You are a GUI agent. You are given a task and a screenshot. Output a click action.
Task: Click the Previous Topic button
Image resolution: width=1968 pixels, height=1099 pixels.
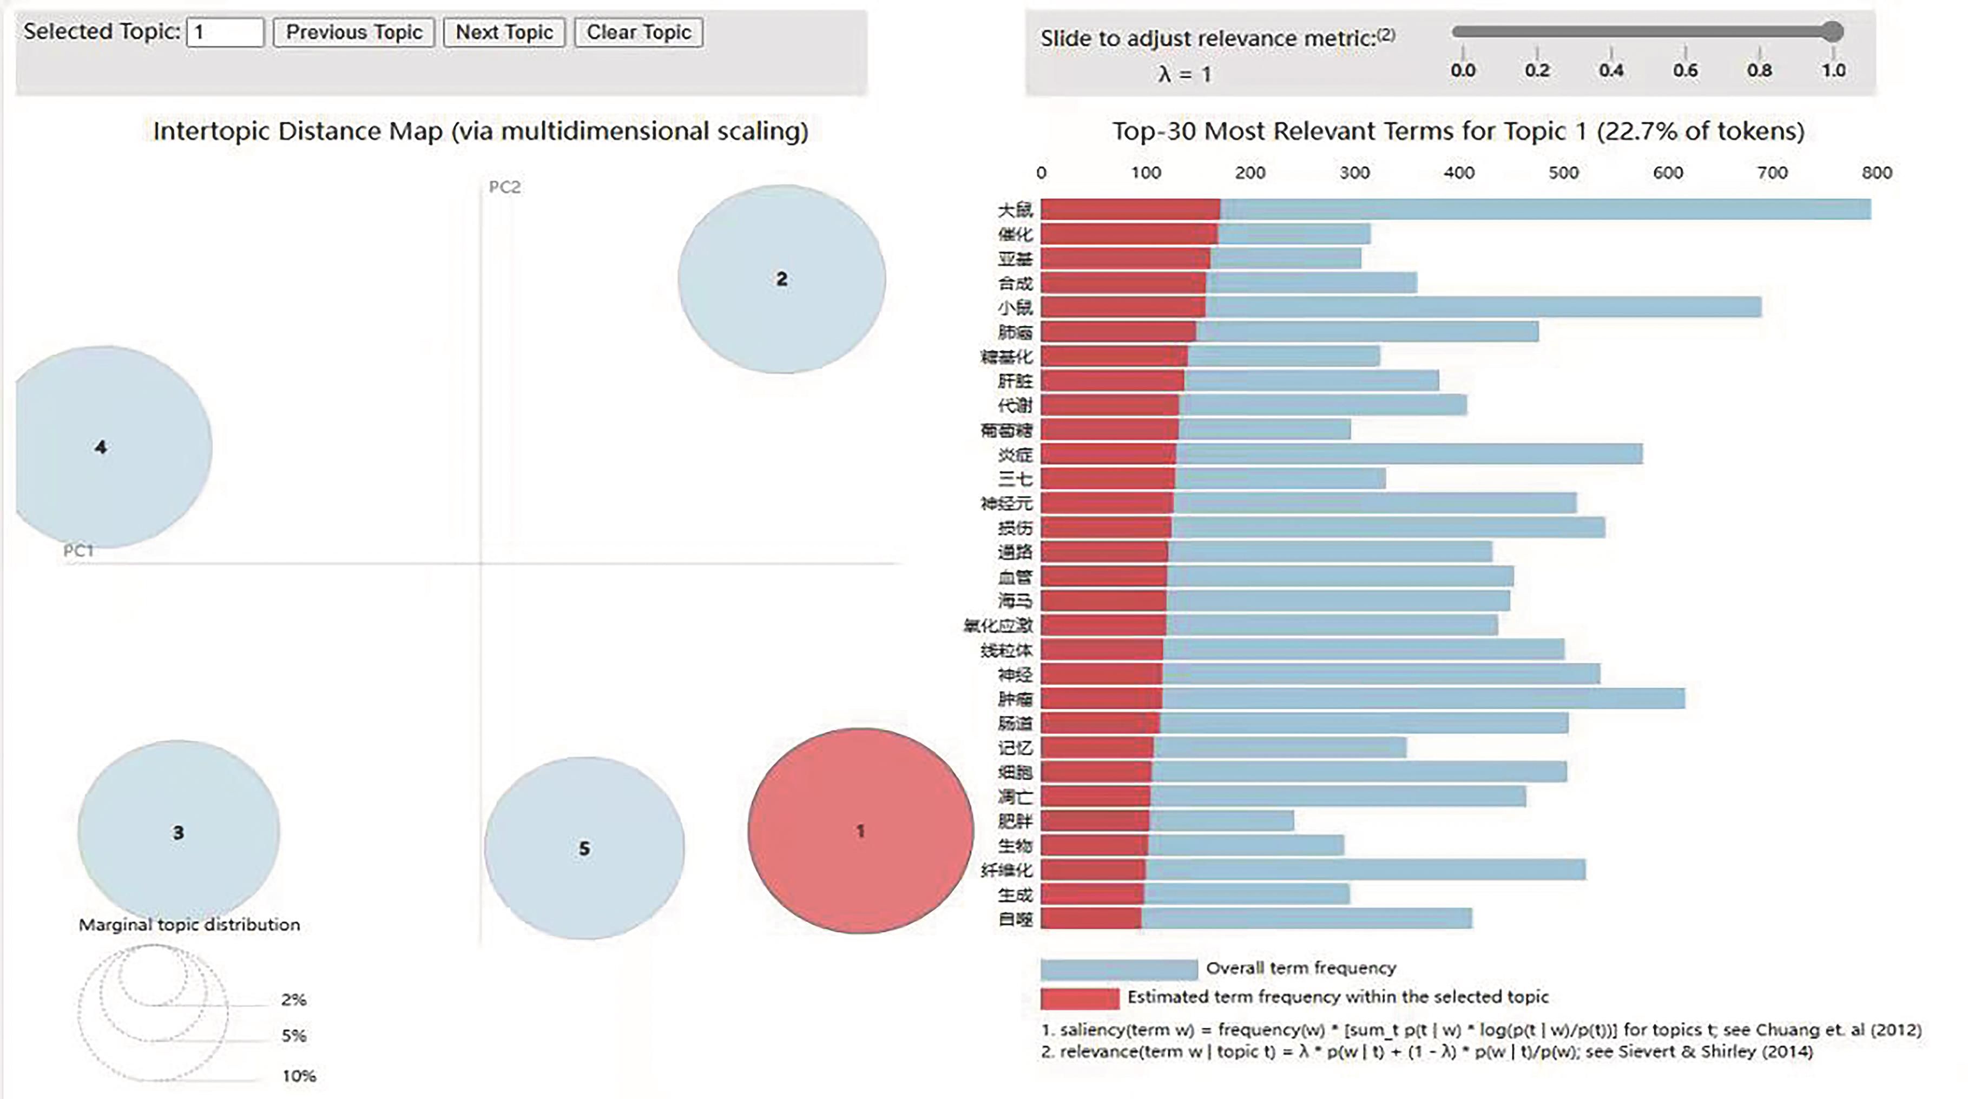(x=354, y=32)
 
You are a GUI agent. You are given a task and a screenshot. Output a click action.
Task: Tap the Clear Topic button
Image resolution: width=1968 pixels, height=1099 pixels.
(x=639, y=32)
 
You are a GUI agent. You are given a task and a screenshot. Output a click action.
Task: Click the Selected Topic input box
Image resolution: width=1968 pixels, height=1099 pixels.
(x=225, y=32)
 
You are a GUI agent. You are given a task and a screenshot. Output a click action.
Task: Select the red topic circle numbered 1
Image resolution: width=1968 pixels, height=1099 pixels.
(x=860, y=831)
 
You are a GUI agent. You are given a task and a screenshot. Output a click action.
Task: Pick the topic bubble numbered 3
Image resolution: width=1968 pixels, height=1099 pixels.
(x=178, y=832)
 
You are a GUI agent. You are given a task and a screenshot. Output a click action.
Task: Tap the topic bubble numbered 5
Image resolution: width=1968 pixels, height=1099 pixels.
(x=584, y=848)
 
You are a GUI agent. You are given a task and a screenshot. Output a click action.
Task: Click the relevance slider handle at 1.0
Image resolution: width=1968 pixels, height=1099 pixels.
(x=1832, y=31)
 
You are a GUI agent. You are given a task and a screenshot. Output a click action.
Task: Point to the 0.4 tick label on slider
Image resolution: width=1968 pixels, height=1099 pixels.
(x=1611, y=70)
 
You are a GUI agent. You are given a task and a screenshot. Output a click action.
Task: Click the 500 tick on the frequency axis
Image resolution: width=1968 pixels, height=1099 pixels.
(x=1563, y=173)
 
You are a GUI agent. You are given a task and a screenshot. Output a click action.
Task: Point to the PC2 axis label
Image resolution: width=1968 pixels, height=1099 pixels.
(x=505, y=187)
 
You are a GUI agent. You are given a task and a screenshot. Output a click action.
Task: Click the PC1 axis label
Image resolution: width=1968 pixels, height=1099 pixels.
(x=78, y=551)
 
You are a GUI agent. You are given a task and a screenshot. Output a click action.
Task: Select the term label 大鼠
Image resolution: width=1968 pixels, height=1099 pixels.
(x=1015, y=210)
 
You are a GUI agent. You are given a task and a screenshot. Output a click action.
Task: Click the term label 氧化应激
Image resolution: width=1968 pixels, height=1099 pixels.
(x=998, y=626)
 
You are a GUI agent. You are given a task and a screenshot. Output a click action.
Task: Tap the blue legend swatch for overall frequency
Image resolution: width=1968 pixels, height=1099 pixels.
(x=1118, y=969)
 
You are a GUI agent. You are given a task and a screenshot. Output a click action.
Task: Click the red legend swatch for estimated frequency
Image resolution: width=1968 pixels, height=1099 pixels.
(x=1080, y=997)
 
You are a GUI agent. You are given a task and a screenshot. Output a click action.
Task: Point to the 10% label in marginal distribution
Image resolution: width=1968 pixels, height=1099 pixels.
(x=299, y=1076)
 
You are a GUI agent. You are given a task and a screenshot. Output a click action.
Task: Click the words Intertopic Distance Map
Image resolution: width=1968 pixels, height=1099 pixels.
(x=298, y=131)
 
